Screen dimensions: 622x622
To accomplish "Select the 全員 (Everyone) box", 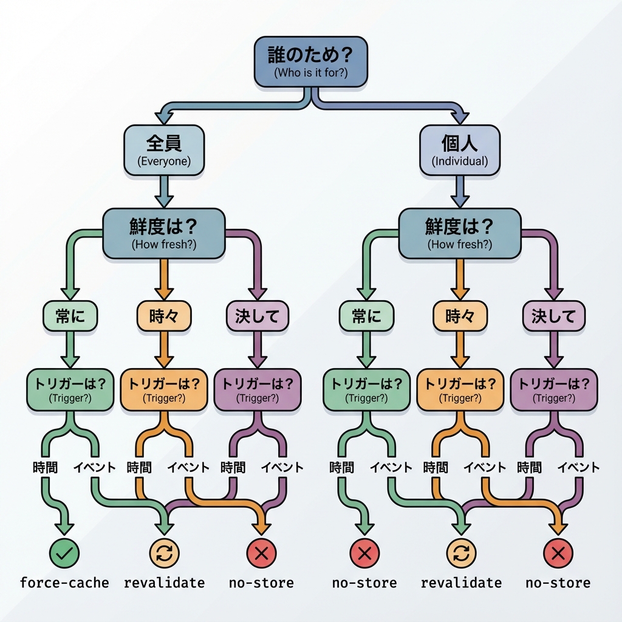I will click(x=164, y=151).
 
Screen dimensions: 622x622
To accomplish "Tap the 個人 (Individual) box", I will click(x=459, y=151).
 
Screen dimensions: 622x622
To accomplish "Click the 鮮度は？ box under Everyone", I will click(x=164, y=233).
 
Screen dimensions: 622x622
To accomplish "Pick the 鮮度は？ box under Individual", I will click(x=459, y=233).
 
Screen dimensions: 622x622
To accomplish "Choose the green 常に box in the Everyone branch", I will click(x=70, y=316).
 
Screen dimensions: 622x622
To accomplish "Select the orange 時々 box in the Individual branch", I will click(x=460, y=316).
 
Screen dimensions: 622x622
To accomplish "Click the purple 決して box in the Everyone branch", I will click(x=257, y=316).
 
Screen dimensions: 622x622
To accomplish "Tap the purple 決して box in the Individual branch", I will click(x=553, y=316).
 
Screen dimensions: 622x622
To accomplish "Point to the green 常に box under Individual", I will click(x=366, y=316).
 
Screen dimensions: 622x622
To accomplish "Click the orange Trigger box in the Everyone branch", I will click(x=164, y=389).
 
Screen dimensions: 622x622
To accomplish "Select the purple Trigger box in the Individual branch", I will click(x=553, y=389).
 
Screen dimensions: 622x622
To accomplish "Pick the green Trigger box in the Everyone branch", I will click(x=70, y=389).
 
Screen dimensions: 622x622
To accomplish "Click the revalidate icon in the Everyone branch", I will click(x=164, y=552).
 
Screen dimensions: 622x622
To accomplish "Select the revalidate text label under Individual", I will click(x=461, y=583).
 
